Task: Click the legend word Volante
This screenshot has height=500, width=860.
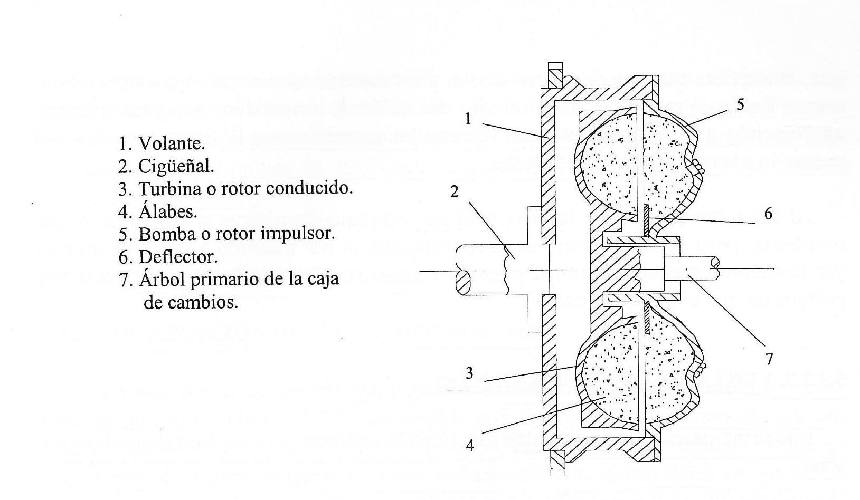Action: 171,143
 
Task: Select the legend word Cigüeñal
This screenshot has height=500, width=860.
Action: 176,167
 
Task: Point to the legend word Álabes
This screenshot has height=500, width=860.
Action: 168,211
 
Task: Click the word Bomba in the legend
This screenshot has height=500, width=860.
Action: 163,234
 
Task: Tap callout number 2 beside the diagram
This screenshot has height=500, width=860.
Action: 454,192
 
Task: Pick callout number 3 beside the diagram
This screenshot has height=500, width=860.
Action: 469,373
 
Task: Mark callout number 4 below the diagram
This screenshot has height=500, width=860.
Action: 469,446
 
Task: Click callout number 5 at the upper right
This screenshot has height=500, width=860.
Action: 740,105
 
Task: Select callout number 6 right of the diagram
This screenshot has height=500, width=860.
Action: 768,214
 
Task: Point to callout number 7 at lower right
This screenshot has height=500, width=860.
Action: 769,359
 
